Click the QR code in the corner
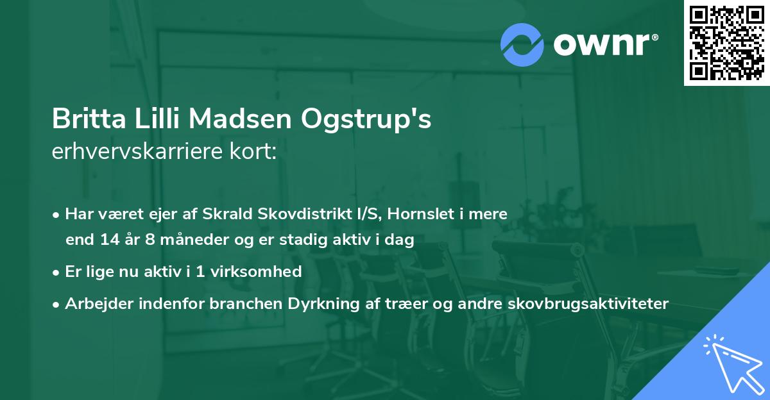(726, 43)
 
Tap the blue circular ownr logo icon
(522, 45)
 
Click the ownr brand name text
(605, 45)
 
